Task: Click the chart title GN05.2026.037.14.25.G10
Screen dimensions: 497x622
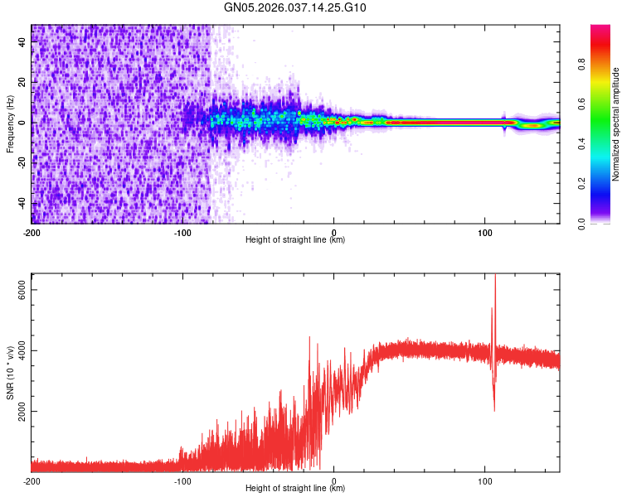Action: pos(295,7)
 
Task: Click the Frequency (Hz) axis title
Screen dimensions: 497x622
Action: pos(10,124)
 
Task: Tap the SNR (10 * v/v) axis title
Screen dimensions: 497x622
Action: pos(10,373)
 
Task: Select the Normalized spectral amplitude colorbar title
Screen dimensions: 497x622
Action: pos(616,124)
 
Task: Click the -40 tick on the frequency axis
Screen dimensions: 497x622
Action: pos(23,203)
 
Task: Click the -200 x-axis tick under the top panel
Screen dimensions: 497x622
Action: pos(32,232)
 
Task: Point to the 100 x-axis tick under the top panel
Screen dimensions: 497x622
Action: pos(485,232)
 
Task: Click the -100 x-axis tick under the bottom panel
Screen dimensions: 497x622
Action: pos(182,480)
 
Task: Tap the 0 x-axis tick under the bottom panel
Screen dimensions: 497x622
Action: pos(334,480)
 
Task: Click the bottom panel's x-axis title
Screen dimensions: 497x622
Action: pos(295,489)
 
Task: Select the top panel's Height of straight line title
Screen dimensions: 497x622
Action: pos(295,240)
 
